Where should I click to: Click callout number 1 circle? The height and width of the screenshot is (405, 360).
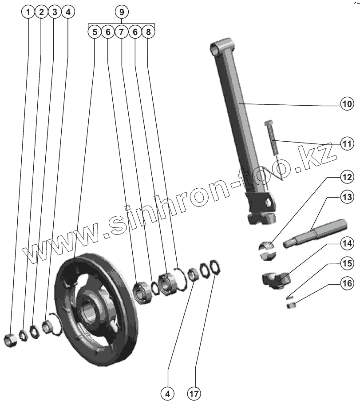[28, 12]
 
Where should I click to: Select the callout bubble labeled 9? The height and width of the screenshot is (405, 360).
[121, 12]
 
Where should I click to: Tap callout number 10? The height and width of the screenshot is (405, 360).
[347, 104]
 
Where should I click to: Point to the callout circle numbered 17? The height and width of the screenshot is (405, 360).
[194, 393]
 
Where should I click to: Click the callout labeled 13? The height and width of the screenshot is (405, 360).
[347, 196]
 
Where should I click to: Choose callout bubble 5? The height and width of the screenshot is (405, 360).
[94, 32]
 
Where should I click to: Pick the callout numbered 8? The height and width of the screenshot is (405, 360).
[148, 32]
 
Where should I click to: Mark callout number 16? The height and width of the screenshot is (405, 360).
[347, 282]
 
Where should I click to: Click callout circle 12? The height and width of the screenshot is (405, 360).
[347, 177]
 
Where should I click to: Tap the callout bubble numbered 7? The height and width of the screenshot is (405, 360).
[121, 32]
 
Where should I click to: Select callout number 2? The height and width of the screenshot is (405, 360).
[41, 12]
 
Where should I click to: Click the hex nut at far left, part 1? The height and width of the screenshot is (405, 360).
[10, 340]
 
